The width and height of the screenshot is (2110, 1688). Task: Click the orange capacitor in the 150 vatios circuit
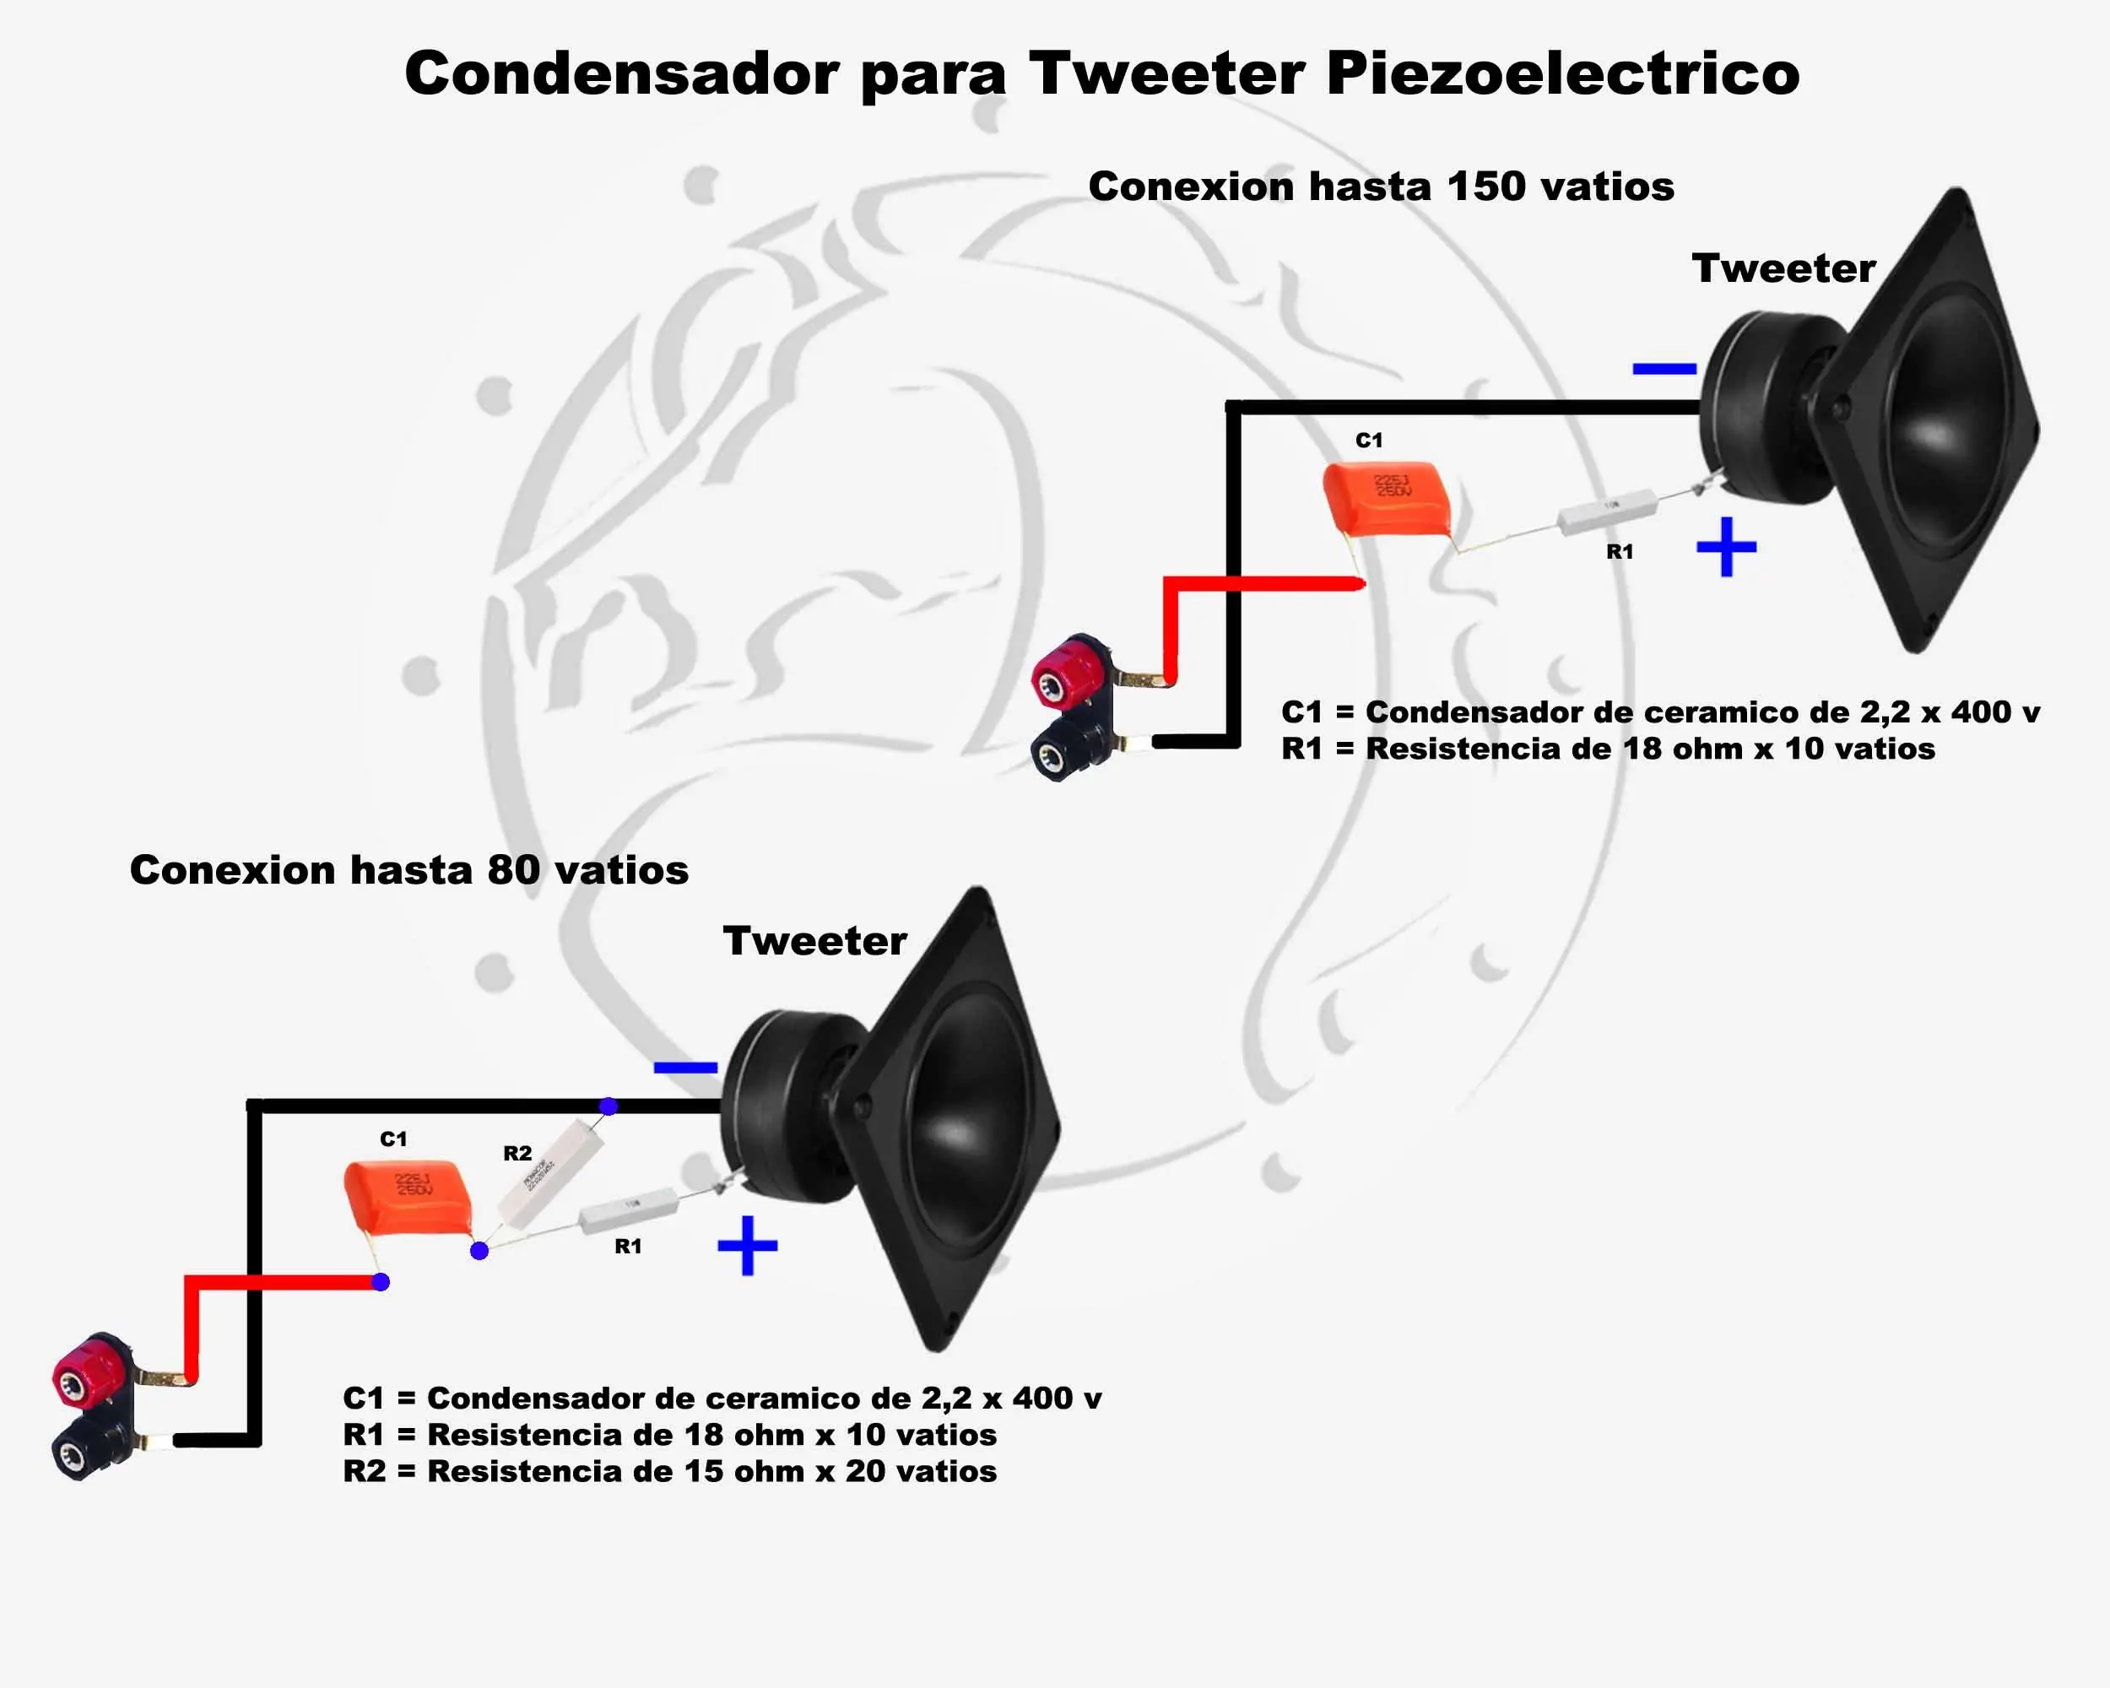click(1385, 498)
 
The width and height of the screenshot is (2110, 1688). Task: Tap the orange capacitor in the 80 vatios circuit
click(407, 1197)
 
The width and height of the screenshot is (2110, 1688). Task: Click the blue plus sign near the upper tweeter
click(1726, 546)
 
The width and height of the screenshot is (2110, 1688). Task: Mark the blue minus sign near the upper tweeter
click(1664, 369)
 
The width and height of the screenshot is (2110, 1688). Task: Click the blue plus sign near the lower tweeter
click(748, 1245)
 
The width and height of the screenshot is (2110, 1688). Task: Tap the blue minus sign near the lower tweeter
click(685, 1068)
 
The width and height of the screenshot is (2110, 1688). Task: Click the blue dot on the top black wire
click(609, 1106)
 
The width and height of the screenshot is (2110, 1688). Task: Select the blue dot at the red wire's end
click(381, 1282)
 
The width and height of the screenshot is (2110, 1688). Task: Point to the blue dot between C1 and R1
click(479, 1251)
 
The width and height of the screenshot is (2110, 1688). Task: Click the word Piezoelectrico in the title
click(1562, 73)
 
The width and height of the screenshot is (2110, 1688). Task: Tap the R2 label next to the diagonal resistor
click(517, 1153)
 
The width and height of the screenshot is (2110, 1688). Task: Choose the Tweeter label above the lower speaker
click(814, 940)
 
